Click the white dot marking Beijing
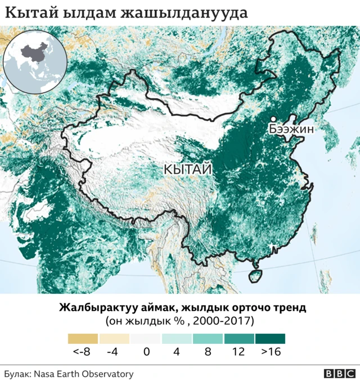coord(272,119)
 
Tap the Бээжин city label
coord(290,129)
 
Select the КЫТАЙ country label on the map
coord(188,169)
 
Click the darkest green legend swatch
coord(270,339)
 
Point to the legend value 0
coord(145,353)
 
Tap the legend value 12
coord(238,353)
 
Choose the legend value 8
coord(208,353)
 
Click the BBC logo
coord(339,374)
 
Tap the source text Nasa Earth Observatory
coord(83,374)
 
